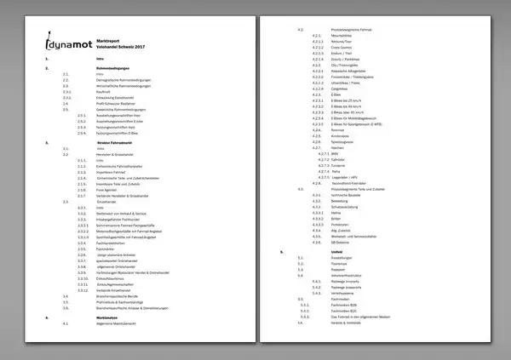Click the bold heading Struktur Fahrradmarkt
[119, 143]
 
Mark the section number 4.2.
[301, 29]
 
